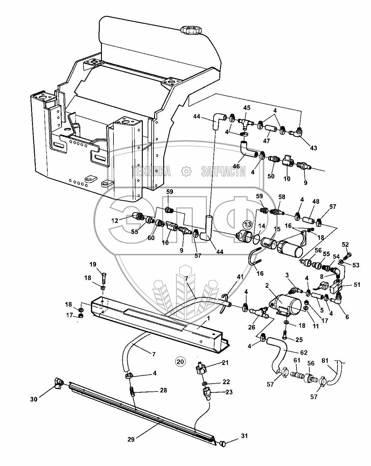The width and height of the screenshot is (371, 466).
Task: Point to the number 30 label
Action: coord(34,399)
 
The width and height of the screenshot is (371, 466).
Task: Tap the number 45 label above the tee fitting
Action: coord(247,108)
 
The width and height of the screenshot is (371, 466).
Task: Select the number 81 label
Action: coord(326,361)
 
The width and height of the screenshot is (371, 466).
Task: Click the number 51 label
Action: coord(356,285)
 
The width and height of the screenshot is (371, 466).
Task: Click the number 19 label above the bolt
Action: coord(93,264)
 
